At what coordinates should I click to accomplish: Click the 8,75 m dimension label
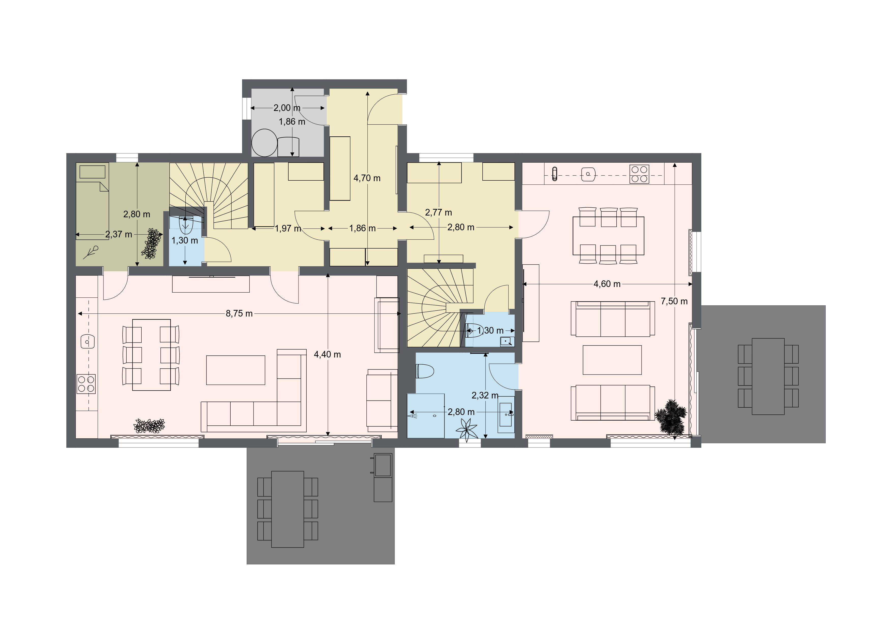pos(239,313)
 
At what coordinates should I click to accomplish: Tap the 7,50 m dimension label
pos(674,301)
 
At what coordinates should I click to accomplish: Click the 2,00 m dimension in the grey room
pos(287,108)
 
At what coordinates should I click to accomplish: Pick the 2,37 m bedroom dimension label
pos(118,234)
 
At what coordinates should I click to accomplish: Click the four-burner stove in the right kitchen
pos(639,174)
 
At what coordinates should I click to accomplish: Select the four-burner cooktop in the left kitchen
pos(86,383)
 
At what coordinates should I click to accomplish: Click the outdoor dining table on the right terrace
pos(768,376)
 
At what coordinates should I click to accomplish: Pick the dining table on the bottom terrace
pos(288,509)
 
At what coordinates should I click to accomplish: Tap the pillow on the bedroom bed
pos(93,172)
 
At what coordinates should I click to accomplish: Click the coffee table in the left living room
pos(236,370)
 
